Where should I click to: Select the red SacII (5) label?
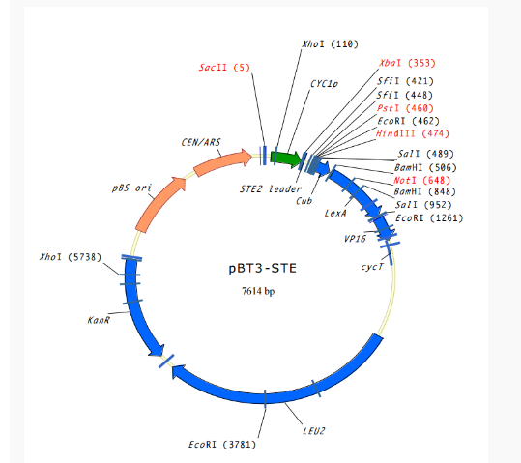tap(224, 68)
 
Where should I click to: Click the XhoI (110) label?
tap(329, 44)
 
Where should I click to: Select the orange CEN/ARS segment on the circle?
tap(221, 164)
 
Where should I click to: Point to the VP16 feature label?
tap(354, 237)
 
